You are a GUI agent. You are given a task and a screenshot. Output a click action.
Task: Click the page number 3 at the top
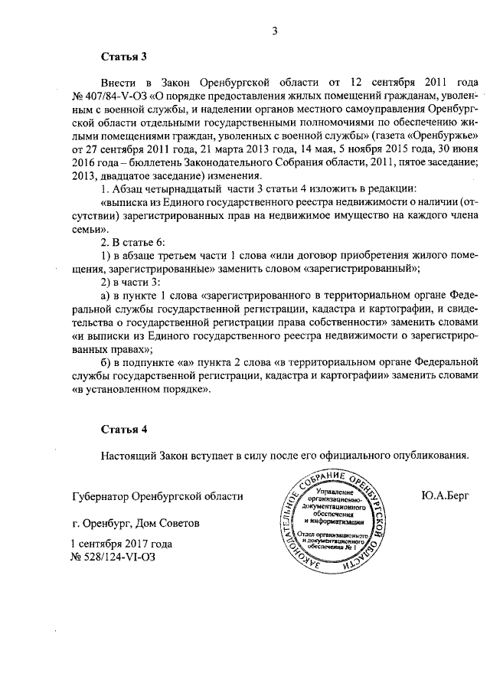coord(273,31)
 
